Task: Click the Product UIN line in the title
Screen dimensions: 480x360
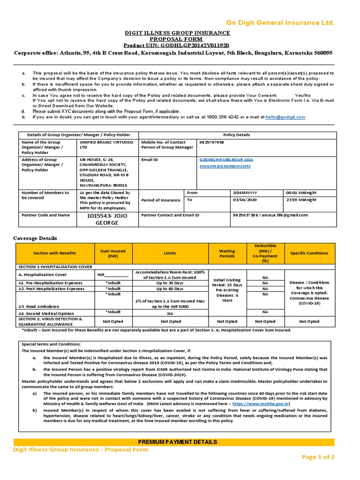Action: click(177, 45)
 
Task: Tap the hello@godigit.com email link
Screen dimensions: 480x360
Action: click(285, 117)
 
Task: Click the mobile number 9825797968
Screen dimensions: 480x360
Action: click(212, 142)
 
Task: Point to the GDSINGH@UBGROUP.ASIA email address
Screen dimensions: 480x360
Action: click(226, 159)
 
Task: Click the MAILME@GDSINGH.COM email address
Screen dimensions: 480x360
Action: click(225, 166)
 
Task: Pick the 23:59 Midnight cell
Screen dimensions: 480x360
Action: click(301, 200)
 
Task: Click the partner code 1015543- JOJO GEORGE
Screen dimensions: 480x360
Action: click(106, 218)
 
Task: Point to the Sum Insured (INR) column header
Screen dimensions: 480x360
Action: click(113, 253)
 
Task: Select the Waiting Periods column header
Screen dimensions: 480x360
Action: click(227, 253)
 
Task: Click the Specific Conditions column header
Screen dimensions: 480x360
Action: click(309, 253)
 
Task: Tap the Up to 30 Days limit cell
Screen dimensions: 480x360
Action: click(170, 283)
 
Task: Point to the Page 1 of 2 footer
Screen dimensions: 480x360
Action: click(318, 457)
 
